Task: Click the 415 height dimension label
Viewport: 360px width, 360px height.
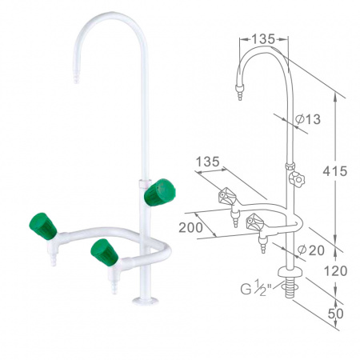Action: point(335,170)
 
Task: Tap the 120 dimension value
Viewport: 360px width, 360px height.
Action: point(335,271)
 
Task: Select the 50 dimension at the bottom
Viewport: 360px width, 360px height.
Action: point(335,314)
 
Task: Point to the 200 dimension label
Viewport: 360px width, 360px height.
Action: point(190,227)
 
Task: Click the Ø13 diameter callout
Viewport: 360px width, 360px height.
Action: point(308,119)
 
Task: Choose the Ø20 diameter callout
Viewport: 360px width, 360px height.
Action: point(310,250)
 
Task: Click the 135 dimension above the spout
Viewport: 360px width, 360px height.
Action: point(263,39)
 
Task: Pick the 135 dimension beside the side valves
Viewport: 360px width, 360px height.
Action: point(208,162)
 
